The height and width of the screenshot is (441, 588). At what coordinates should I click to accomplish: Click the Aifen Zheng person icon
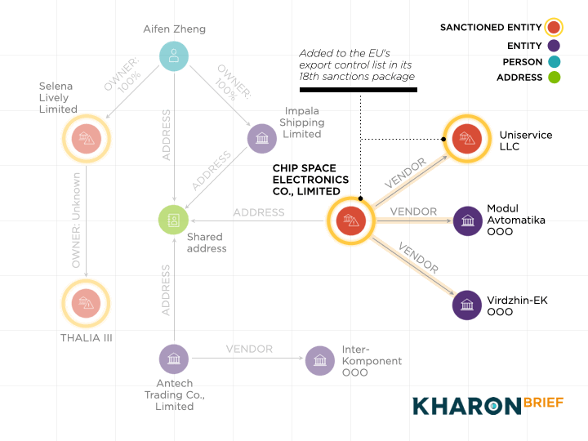point(173,56)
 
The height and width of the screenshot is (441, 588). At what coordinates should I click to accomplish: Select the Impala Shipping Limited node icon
point(262,138)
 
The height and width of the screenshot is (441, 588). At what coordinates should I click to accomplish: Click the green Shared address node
point(173,220)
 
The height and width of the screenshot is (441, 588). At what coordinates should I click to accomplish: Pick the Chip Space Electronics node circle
point(350,220)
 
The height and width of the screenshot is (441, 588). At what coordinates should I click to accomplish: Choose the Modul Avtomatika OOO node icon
point(467,220)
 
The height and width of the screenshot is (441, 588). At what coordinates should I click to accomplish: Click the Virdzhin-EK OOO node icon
point(467,305)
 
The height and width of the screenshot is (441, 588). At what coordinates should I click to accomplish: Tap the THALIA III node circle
point(86,304)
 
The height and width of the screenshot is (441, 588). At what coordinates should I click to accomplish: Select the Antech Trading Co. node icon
point(173,359)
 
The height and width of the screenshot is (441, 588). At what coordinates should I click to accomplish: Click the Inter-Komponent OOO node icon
point(320,359)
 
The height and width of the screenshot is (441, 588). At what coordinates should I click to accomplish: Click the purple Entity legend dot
point(555,46)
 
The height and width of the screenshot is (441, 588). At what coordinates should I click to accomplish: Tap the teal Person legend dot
point(555,62)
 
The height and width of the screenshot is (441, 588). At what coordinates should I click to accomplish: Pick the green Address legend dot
point(555,78)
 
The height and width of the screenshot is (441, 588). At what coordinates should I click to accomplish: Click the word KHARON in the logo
point(466,406)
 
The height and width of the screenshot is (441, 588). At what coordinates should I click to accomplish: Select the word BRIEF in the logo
point(543,404)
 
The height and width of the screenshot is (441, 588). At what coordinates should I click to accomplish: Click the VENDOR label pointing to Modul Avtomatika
point(413,212)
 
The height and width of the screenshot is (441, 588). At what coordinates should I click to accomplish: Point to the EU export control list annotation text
point(357,65)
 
